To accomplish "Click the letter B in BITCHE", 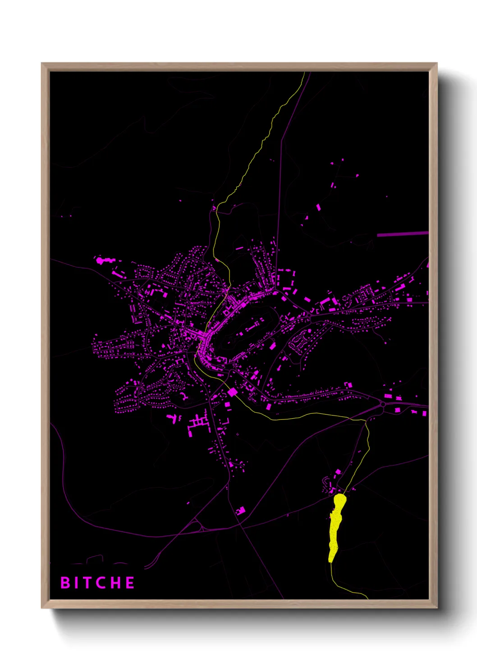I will (x=65, y=583).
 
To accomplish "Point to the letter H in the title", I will (x=116, y=583).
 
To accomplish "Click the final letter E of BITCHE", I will (x=130, y=583).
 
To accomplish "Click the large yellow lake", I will (x=336, y=525).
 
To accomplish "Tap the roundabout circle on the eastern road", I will (x=383, y=404).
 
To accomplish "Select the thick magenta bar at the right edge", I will (x=402, y=234).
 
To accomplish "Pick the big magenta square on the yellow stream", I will (x=232, y=392).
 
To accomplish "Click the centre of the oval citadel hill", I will (x=248, y=331).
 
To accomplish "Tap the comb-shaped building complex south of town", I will (x=198, y=424).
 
